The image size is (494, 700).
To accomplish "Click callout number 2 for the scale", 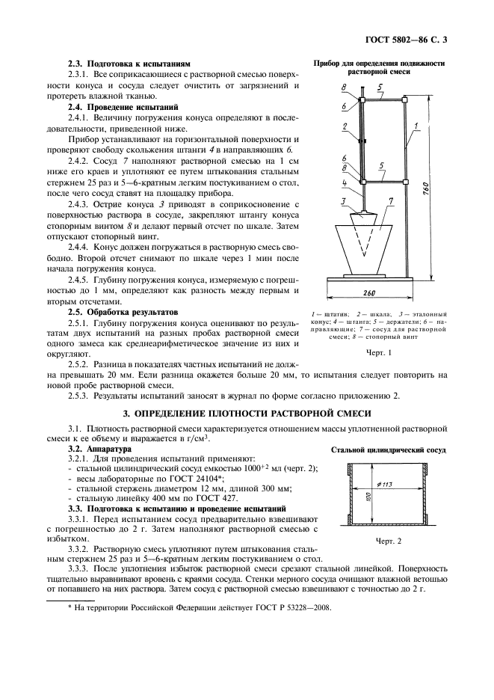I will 345,127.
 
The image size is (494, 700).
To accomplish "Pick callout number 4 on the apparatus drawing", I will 345,182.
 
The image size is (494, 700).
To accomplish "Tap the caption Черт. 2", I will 389,541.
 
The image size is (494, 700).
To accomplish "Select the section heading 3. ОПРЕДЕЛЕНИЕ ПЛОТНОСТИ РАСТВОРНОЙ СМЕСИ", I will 247,414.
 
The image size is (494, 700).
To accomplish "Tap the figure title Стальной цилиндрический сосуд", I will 389,451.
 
